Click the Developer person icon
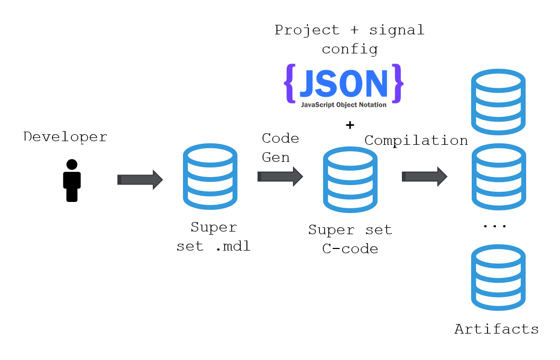72,180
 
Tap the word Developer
65,137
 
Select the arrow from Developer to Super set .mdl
140,180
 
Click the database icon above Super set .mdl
210,177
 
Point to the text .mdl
233,246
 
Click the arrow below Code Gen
280,176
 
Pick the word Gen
276,157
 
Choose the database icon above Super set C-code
350,180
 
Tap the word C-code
350,248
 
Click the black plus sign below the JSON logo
350,125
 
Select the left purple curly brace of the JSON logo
289,84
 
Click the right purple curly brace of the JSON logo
399,84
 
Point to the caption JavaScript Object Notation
344,105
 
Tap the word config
350,49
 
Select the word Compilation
416,141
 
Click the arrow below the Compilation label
424,176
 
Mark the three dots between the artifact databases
495,225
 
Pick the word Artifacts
497,329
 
